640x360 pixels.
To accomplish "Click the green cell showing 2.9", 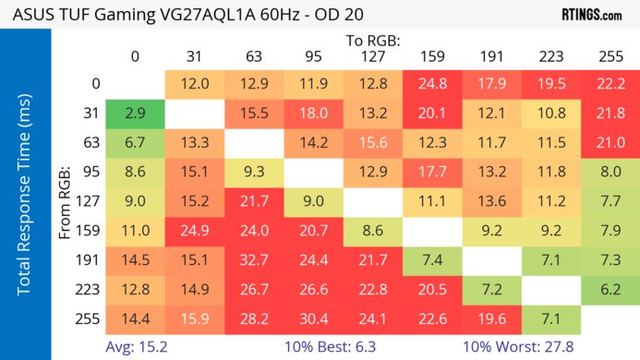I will click(135, 114).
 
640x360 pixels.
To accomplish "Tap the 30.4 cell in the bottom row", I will click(314, 319).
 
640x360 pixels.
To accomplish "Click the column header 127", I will click(373, 56).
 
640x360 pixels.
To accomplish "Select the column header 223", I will click(550, 56).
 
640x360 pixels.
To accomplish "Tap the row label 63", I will click(89, 144).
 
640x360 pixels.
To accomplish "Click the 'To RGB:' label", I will click(373, 41).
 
